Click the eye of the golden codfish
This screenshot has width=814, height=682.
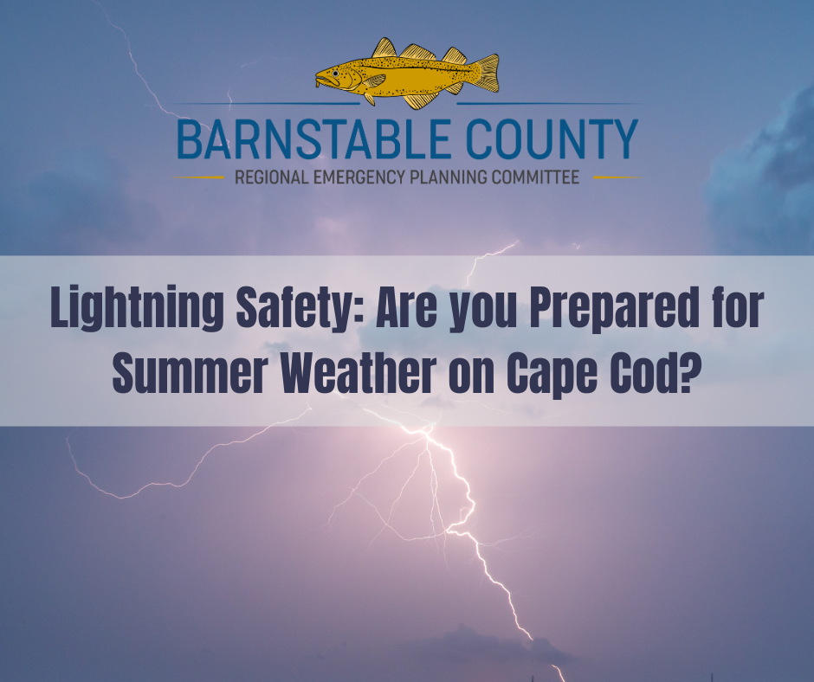pos(336,74)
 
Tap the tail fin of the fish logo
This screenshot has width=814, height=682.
pos(486,74)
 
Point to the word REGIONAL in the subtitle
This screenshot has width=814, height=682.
pos(272,177)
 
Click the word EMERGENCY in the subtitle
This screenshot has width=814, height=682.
pos(359,177)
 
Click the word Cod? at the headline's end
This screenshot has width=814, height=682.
pos(652,373)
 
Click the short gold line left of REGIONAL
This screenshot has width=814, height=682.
pos(198,177)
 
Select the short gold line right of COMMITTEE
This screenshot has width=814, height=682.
pos(617,177)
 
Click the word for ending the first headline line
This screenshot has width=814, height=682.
pos(736,308)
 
